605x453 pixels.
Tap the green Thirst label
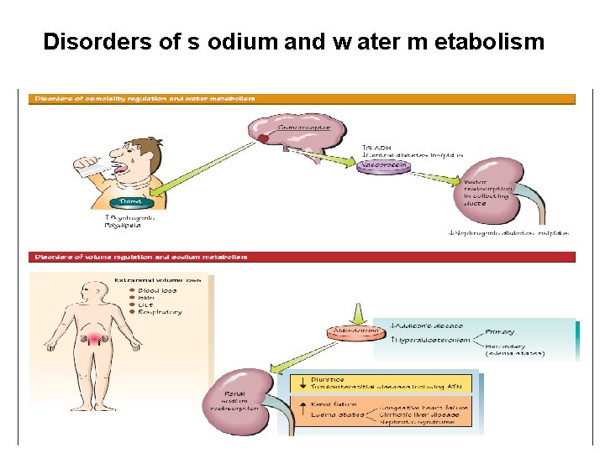(130, 201)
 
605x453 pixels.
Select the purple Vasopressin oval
(384, 166)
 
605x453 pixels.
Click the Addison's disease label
(429, 325)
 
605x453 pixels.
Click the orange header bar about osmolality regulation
(302, 98)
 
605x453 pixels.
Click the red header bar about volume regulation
(302, 257)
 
